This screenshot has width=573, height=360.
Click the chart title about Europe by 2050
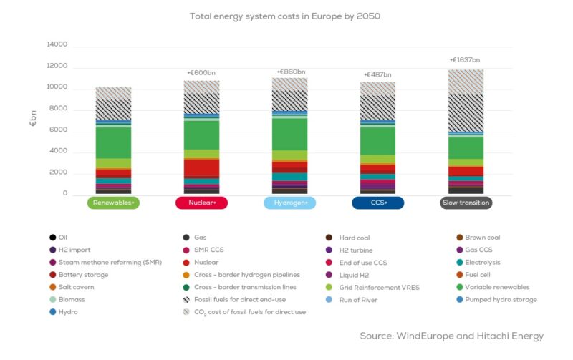pyautogui.click(x=290, y=15)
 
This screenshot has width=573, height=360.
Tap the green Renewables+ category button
pyautogui.click(x=113, y=203)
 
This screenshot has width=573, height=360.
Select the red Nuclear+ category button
pyautogui.click(x=201, y=203)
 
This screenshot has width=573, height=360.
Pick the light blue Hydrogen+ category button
pyautogui.click(x=289, y=203)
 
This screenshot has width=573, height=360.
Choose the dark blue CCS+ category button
pyautogui.click(x=377, y=203)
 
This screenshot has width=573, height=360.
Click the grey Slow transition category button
pyautogui.click(x=466, y=203)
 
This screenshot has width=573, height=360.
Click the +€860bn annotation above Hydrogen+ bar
pyautogui.click(x=291, y=72)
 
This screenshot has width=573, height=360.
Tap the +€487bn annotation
pyautogui.click(x=377, y=74)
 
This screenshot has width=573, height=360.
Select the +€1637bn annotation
pyautogui.click(x=465, y=60)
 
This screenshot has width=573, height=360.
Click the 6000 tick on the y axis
pyautogui.click(x=58, y=130)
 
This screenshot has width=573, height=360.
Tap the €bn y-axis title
pyautogui.click(x=33, y=120)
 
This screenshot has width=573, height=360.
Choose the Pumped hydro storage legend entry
pyautogui.click(x=502, y=300)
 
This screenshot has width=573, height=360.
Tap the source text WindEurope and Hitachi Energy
pyautogui.click(x=451, y=336)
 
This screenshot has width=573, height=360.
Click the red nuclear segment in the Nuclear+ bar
pyautogui.click(x=201, y=167)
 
